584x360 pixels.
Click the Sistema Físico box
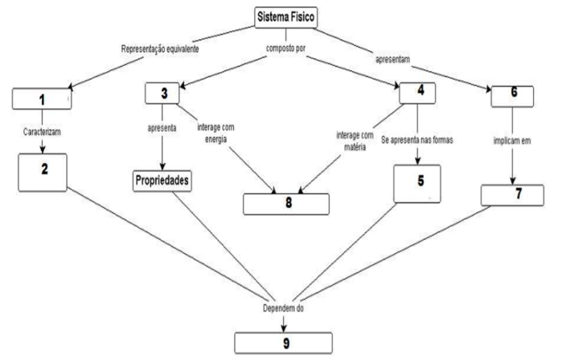pyautogui.click(x=287, y=17)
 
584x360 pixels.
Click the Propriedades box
pyautogui.click(x=164, y=181)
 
